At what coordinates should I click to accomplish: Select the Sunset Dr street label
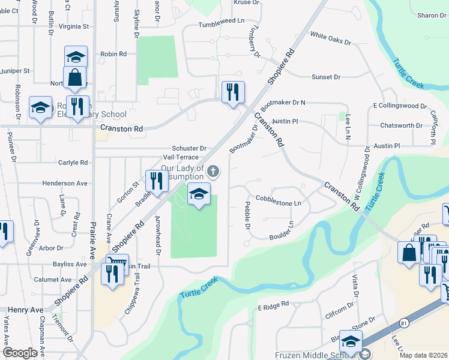(326, 77)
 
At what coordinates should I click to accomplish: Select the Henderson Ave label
(65, 183)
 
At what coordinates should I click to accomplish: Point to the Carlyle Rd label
(73, 162)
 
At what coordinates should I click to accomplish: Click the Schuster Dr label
(189, 148)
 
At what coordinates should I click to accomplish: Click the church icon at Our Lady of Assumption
(212, 172)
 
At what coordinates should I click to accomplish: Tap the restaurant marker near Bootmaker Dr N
(233, 92)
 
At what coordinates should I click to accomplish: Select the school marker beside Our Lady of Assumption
(199, 194)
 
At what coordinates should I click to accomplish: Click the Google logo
(20, 353)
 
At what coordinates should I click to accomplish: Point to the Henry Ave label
(26, 310)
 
